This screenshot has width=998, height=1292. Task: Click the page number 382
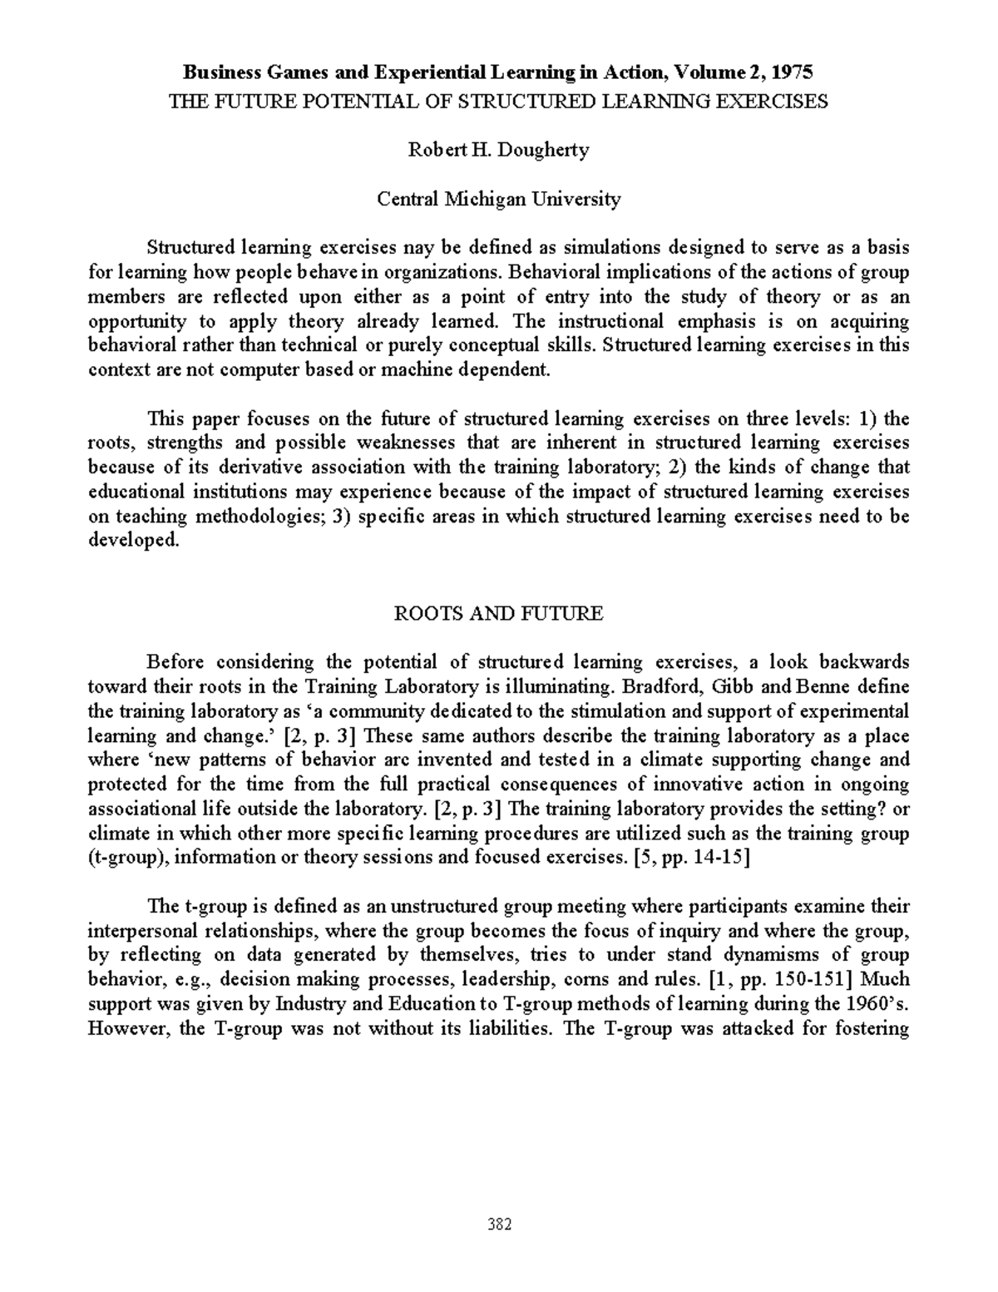(x=499, y=1225)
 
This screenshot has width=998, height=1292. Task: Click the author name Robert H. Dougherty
(x=498, y=151)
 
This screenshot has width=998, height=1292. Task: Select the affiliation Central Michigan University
(x=499, y=200)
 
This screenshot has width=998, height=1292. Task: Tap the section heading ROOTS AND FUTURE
(x=498, y=614)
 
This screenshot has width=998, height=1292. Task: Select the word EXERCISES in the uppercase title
(x=778, y=101)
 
